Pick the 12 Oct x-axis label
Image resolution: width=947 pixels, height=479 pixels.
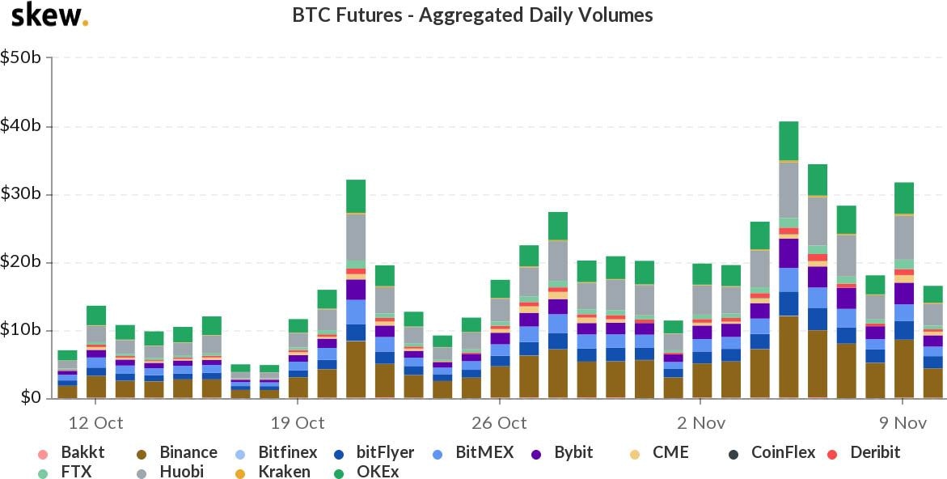(x=95, y=423)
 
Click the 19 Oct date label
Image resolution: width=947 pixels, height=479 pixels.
(x=297, y=423)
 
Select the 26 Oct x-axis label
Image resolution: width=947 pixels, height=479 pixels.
(x=499, y=423)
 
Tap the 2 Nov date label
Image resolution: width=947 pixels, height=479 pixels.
(x=701, y=423)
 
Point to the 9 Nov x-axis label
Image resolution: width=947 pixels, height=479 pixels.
(x=903, y=423)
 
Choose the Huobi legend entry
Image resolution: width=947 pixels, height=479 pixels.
(x=181, y=471)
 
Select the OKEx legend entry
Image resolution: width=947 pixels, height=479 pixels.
(x=375, y=471)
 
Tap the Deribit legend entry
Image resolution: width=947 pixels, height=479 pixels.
(x=874, y=452)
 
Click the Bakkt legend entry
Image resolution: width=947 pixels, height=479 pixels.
(x=82, y=452)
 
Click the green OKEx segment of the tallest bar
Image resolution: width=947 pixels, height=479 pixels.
(x=788, y=141)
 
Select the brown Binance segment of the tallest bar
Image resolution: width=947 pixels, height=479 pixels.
(x=788, y=357)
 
